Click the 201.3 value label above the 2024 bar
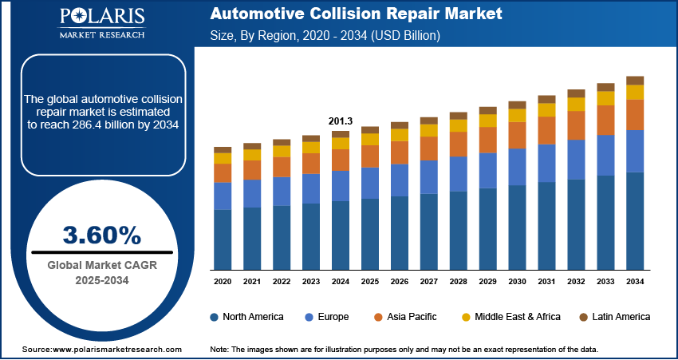[340, 121]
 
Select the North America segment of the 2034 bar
[635, 220]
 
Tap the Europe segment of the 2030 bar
[517, 166]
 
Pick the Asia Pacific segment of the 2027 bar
[428, 148]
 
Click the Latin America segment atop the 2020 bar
[223, 150]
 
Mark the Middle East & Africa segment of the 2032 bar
[576, 105]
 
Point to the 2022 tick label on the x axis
[281, 282]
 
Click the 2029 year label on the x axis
[487, 282]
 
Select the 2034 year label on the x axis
[635, 282]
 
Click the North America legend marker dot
[215, 317]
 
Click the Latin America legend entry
[621, 317]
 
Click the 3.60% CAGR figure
[101, 235]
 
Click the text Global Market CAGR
[101, 266]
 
